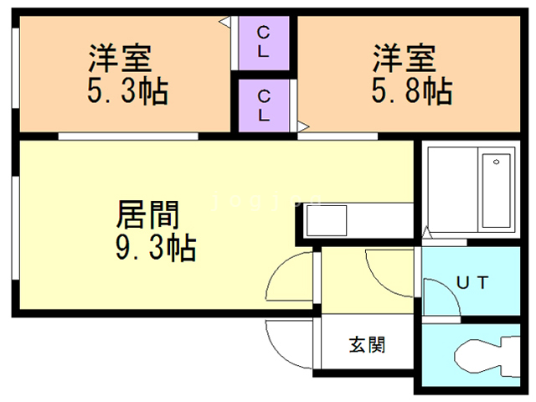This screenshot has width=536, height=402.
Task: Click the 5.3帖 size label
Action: (x=127, y=90)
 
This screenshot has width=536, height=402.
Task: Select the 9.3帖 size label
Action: (x=155, y=247)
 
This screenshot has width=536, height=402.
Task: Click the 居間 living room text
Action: (x=147, y=216)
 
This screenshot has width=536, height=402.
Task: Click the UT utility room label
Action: (x=473, y=283)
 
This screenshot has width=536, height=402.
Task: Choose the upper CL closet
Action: (x=263, y=42)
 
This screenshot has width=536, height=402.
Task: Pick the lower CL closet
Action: (x=263, y=104)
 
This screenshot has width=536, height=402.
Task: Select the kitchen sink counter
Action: (x=327, y=223)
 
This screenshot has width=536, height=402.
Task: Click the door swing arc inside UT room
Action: (x=440, y=297)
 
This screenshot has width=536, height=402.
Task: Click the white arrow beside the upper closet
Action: (x=225, y=22)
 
